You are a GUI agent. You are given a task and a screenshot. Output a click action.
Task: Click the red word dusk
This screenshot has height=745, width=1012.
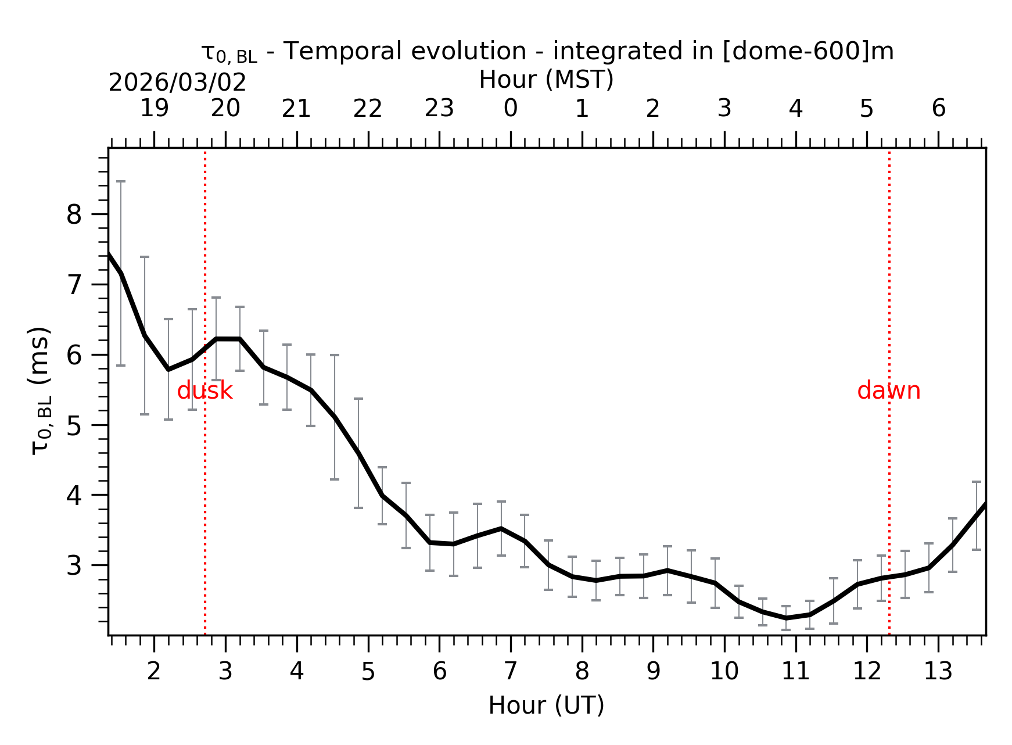tap(204, 391)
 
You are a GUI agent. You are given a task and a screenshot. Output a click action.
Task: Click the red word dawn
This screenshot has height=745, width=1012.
tap(888, 391)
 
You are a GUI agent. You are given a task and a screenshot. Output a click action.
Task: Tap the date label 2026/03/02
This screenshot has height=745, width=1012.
tap(177, 83)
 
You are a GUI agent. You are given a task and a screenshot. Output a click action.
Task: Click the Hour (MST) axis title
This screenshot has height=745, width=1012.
tap(546, 80)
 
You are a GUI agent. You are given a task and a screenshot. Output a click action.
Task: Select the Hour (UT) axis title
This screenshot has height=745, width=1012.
tap(546, 705)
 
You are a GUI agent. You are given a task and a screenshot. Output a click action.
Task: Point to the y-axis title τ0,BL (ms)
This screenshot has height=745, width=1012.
tap(41, 391)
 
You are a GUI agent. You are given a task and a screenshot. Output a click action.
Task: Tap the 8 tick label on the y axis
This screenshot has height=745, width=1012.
tap(74, 215)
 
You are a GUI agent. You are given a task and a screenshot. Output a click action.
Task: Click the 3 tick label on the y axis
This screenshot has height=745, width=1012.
tap(74, 565)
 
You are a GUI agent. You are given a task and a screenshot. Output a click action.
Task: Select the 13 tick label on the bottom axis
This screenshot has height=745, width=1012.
tap(938, 672)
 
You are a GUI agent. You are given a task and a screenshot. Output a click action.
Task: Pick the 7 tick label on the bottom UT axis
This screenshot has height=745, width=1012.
tap(510, 672)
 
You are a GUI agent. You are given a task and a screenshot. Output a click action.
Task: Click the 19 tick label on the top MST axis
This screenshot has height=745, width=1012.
tap(154, 109)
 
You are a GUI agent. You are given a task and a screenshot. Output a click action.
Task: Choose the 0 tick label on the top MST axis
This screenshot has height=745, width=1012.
tap(510, 109)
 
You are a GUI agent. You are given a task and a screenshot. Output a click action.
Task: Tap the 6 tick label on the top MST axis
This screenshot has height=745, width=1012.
tap(938, 109)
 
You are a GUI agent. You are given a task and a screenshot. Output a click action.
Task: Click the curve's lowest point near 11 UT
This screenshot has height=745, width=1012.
tap(785, 618)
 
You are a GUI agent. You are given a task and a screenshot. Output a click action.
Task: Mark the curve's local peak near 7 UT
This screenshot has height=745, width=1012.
tap(501, 528)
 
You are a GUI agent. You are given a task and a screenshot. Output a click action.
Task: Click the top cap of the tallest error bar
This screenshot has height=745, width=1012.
tap(120, 181)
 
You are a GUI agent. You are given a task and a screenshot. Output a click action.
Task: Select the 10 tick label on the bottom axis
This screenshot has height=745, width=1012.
tap(724, 672)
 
